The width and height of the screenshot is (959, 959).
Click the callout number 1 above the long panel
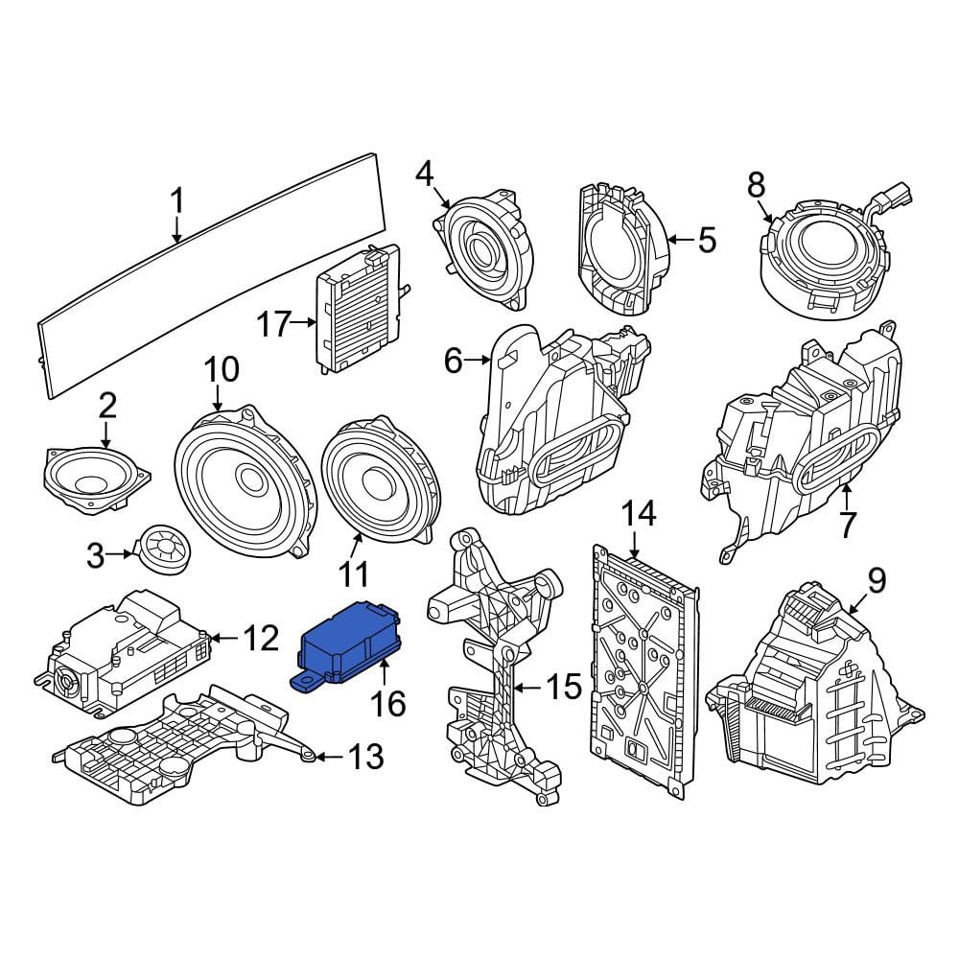tap(176, 201)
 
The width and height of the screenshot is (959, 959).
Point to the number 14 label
tap(638, 513)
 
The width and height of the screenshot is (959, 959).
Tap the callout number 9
tap(877, 580)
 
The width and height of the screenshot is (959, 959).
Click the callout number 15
tap(564, 687)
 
